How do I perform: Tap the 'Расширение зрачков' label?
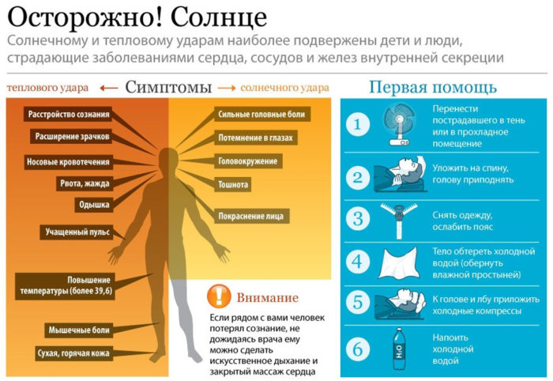coord(72,137)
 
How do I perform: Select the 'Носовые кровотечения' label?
coord(68,161)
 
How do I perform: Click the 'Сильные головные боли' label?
coord(263,115)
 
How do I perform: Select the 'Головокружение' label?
coord(248,161)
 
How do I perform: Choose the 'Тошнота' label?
coord(234,184)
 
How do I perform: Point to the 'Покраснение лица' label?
coord(253,215)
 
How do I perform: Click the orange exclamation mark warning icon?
coord(218,296)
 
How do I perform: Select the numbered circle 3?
coord(358,217)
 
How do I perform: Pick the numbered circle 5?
coord(358,303)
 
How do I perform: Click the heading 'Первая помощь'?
coord(433,86)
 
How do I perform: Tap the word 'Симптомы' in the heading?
coord(167,86)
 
